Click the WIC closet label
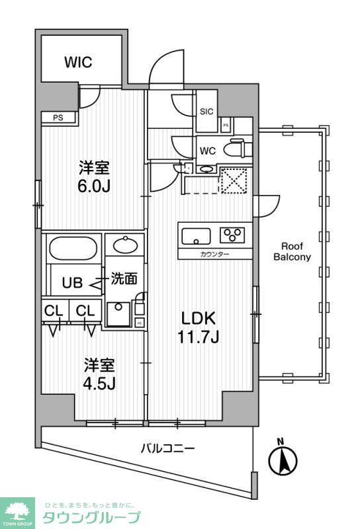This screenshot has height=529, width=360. click(x=77, y=63)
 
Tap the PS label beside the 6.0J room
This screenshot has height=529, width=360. click(x=58, y=118)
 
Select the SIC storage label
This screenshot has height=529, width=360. click(x=206, y=111)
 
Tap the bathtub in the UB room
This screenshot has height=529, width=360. click(x=73, y=250)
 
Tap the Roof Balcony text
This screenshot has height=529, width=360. click(x=292, y=252)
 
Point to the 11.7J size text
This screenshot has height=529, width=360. click(x=199, y=338)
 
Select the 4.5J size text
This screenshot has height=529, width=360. click(x=99, y=384)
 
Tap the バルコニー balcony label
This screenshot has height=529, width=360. click(x=167, y=449)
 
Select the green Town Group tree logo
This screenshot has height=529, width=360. click(x=19, y=511)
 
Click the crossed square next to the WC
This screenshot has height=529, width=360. click(x=234, y=180)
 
